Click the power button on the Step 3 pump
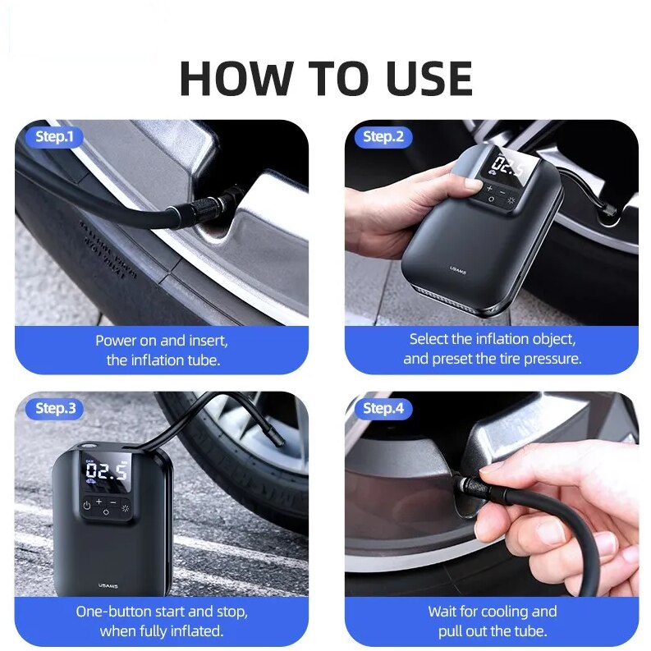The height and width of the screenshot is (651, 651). (86, 505)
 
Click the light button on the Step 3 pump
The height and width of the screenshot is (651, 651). (126, 507)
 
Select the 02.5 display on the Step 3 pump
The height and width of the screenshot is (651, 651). (107, 471)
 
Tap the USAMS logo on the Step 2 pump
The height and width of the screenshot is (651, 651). (457, 268)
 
